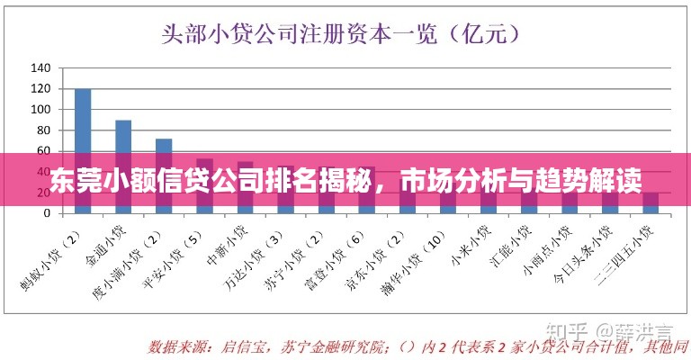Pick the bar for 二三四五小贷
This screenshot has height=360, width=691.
pyautogui.click(x=651, y=203)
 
